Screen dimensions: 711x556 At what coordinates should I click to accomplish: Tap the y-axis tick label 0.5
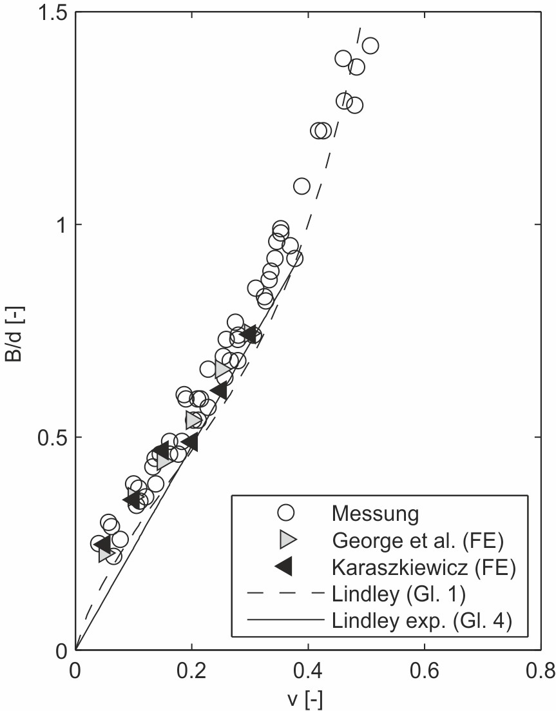pyautogui.click(x=48, y=438)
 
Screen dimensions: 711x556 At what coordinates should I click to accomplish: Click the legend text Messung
pyautogui.click(x=376, y=514)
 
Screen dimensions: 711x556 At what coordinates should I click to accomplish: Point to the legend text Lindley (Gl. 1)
pyautogui.click(x=396, y=594)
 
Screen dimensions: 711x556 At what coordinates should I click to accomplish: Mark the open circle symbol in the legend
pyautogui.click(x=285, y=513)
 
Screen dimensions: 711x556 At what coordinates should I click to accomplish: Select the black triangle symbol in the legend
pyautogui.click(x=283, y=567)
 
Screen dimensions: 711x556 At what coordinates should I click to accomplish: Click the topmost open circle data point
pyautogui.click(x=370, y=46)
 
